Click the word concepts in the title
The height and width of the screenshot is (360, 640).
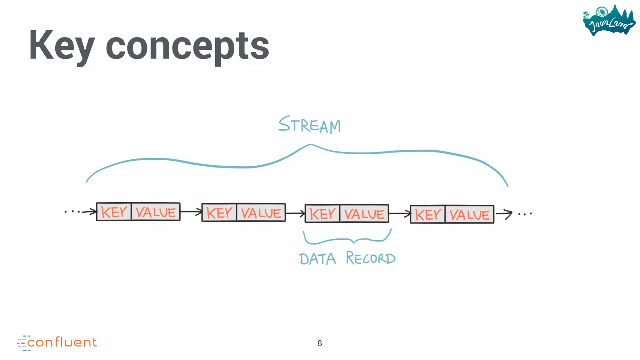[x=187, y=47]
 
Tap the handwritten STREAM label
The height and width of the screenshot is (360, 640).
[x=309, y=125]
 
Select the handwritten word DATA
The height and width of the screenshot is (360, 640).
[x=317, y=259]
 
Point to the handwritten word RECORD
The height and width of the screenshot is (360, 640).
[x=371, y=258]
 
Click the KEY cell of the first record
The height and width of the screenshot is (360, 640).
[x=114, y=212]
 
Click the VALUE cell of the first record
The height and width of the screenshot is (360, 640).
[x=156, y=212]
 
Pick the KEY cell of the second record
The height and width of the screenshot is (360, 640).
[x=219, y=213]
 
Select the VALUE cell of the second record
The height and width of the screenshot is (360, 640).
[x=261, y=213]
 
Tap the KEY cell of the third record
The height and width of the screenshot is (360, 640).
[x=322, y=214]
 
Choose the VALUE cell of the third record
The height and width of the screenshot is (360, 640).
[x=364, y=214]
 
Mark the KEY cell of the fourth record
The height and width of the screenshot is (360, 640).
[x=428, y=215]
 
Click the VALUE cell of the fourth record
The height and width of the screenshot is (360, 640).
[x=469, y=215]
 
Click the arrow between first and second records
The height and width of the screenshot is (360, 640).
[x=191, y=212]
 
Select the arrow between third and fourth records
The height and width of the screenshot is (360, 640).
[x=400, y=214]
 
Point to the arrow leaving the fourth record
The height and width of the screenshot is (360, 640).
[x=504, y=214]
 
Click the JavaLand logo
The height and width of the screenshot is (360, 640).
[x=609, y=21]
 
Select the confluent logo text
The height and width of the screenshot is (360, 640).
[x=62, y=342]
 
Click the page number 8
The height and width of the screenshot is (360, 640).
[x=320, y=343]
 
